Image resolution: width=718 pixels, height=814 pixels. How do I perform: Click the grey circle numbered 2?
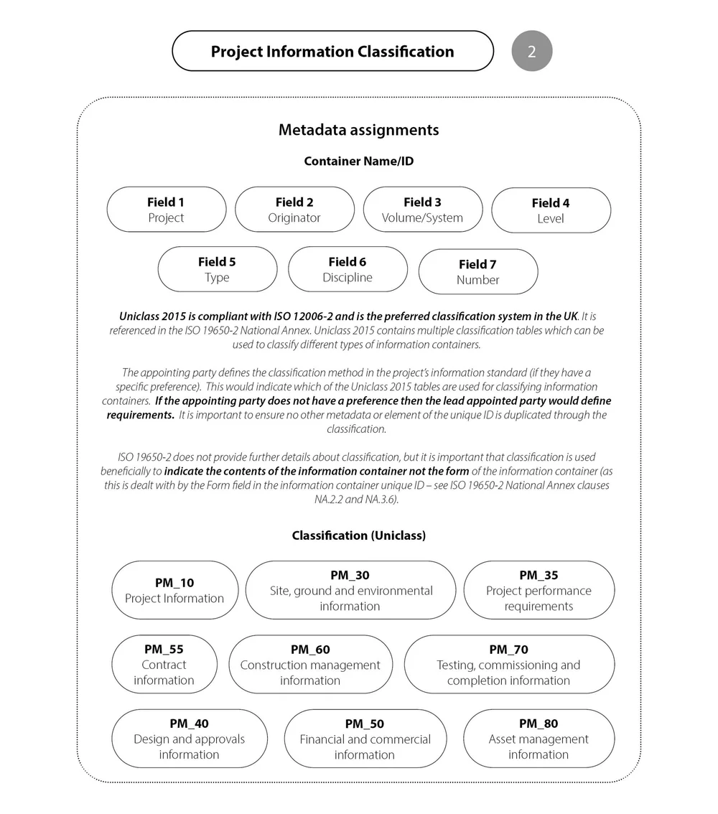(x=531, y=51)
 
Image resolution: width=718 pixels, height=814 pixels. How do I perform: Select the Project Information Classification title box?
(x=332, y=51)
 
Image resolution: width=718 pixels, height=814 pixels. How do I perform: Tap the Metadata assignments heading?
(x=358, y=130)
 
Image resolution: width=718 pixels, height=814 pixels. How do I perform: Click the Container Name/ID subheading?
(x=358, y=162)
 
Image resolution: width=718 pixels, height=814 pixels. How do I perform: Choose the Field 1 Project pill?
(x=166, y=210)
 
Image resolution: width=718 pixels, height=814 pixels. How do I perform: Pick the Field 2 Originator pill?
(x=294, y=210)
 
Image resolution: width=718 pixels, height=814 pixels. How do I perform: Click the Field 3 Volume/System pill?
(x=422, y=210)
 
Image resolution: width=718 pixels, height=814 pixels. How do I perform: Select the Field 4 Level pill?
(x=551, y=210)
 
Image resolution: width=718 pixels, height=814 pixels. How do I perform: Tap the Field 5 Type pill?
(x=217, y=269)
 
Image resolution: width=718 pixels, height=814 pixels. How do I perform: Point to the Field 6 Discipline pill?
(x=348, y=269)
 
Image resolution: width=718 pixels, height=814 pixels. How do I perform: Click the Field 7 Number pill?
(x=477, y=271)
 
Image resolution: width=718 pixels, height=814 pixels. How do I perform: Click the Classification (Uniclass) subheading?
(x=358, y=535)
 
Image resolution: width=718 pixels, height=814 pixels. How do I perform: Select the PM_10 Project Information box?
(x=174, y=590)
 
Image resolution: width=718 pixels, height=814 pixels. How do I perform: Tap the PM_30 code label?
(x=350, y=575)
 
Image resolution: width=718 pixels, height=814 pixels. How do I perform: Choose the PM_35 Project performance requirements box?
(x=538, y=590)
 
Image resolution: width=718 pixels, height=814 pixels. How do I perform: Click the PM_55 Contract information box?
(x=164, y=665)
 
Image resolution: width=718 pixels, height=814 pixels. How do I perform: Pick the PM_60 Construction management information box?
(x=310, y=665)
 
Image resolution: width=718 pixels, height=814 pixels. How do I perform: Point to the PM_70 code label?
(x=508, y=650)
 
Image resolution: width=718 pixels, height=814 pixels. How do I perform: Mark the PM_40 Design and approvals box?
(x=189, y=739)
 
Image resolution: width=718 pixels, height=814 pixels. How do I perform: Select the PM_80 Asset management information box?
(x=538, y=739)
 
